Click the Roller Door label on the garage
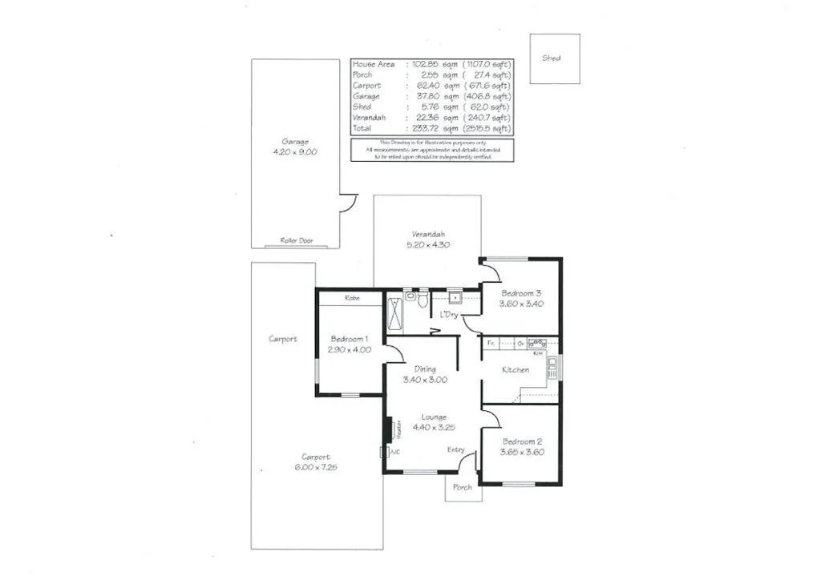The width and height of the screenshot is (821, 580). pyautogui.click(x=296, y=240)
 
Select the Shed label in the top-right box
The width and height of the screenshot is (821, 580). pyautogui.click(x=552, y=58)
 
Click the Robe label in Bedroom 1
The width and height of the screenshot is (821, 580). pyautogui.click(x=351, y=298)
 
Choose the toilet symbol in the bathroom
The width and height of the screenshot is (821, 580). pyautogui.click(x=410, y=299)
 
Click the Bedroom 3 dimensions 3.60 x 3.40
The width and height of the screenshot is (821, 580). pyautogui.click(x=522, y=304)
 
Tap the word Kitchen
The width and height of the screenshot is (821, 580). pyautogui.click(x=515, y=370)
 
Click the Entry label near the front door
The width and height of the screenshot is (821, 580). pyautogui.click(x=455, y=449)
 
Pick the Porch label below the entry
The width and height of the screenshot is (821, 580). pyautogui.click(x=463, y=487)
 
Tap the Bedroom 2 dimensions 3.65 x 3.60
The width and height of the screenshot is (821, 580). pyautogui.click(x=524, y=452)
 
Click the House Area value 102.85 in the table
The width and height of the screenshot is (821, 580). pyautogui.click(x=422, y=64)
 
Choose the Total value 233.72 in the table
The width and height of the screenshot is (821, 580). pyautogui.click(x=422, y=128)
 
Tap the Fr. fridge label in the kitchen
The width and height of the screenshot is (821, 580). pyautogui.click(x=489, y=343)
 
